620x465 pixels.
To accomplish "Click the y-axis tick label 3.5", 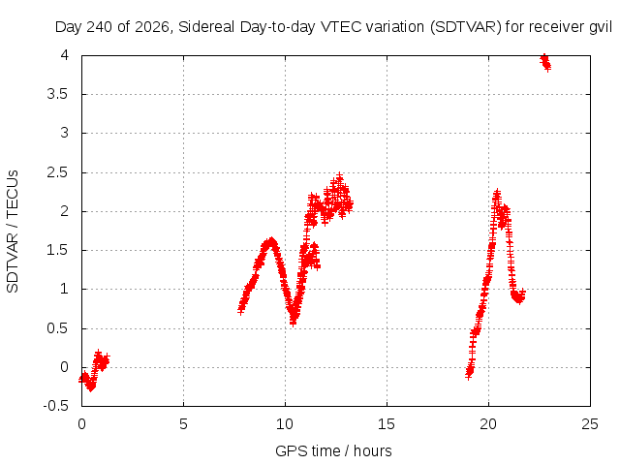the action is point(58,95).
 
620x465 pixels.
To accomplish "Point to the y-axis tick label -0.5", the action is point(56,406).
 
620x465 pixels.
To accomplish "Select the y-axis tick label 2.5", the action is point(58,172).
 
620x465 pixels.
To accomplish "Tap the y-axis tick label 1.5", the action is point(58,250).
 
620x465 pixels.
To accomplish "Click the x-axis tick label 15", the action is point(387,424).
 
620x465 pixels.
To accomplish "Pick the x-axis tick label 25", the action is point(590,424).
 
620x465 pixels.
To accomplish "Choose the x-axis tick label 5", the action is point(183,424).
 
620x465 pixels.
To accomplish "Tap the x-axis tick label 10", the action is point(285,424).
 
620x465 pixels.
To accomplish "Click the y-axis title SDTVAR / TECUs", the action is point(13,232).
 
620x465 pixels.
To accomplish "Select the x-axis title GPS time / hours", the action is point(333,450).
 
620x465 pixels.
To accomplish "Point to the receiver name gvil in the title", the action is point(601,27).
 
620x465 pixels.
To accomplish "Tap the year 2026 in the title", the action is point(151,27).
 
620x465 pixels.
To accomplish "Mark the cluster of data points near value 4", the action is point(545,62).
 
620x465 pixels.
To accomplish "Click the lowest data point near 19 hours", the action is point(469,376).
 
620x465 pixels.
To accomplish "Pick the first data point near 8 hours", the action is point(241,311).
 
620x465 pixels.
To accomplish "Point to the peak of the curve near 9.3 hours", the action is point(271,240).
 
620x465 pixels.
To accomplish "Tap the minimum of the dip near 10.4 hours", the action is point(293,323).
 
